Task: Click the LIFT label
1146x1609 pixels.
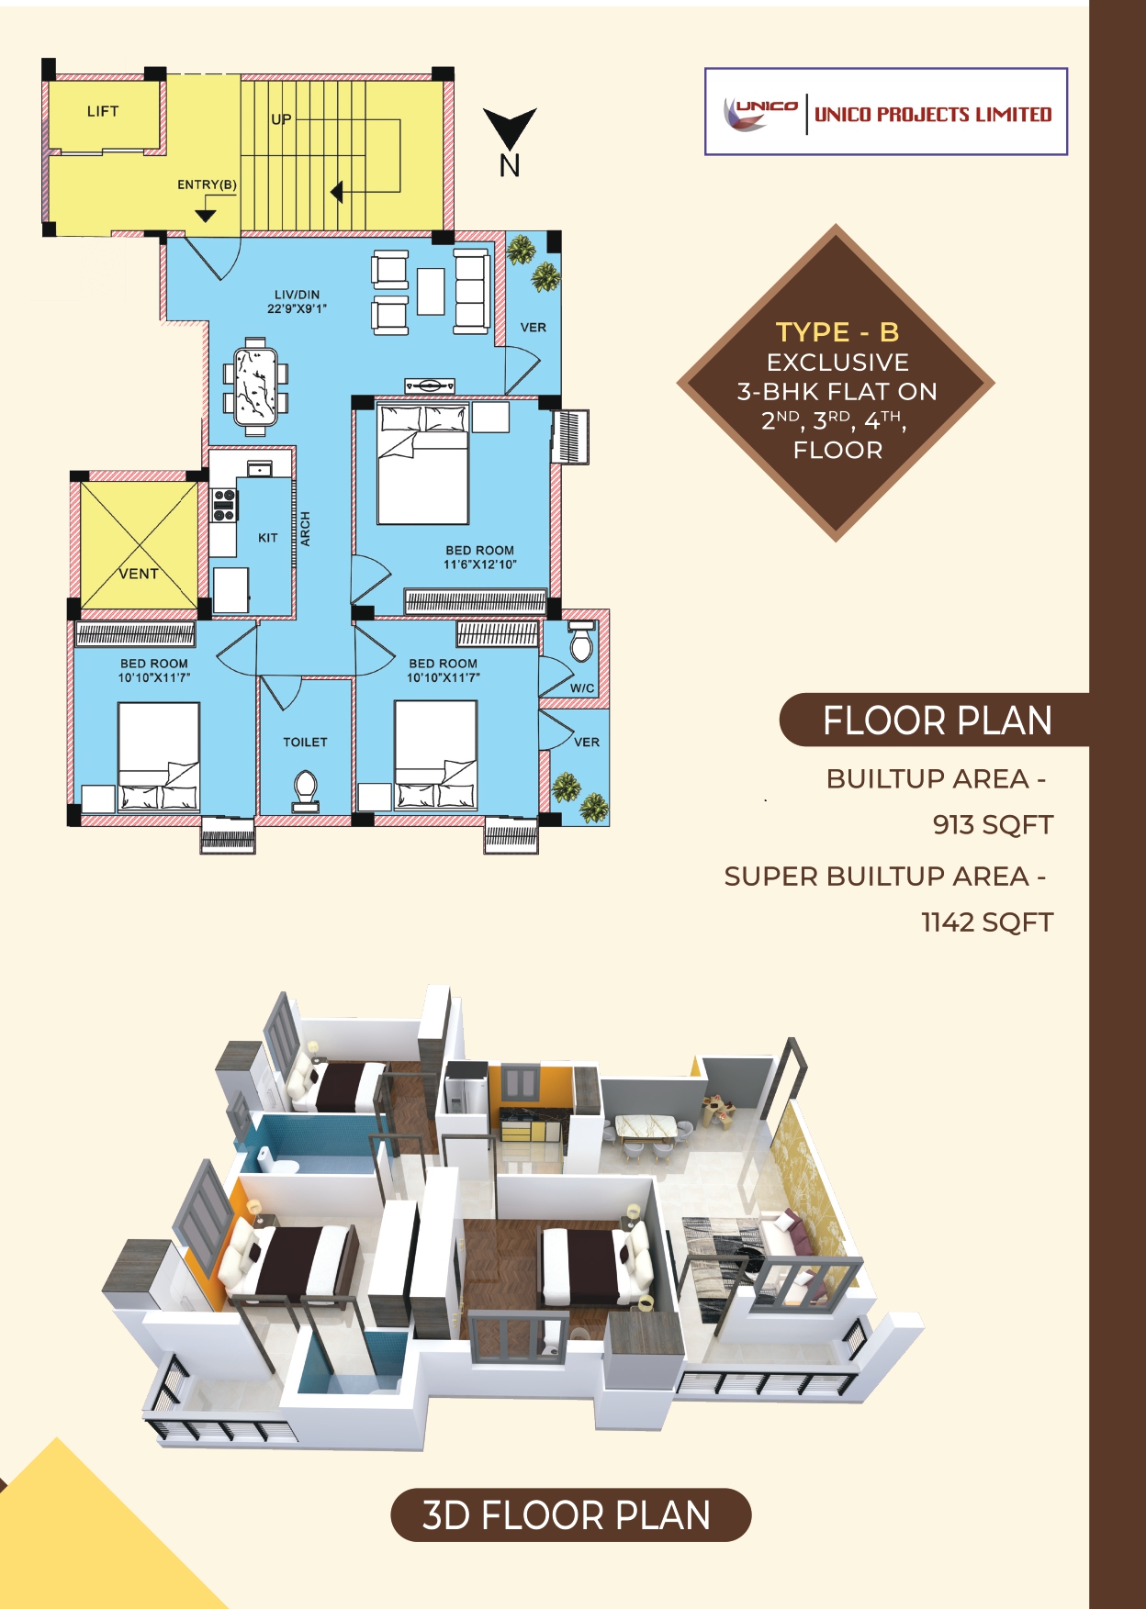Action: pyautogui.click(x=103, y=112)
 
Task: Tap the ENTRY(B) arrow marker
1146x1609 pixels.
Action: pyautogui.click(x=206, y=216)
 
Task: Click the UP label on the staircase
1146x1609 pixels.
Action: pyautogui.click(x=281, y=119)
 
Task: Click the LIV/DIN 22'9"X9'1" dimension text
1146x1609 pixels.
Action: pyautogui.click(x=297, y=303)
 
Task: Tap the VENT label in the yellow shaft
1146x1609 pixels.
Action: pyautogui.click(x=139, y=574)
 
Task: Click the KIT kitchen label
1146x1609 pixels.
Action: pyautogui.click(x=267, y=538)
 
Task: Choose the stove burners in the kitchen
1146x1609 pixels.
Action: pyautogui.click(x=224, y=506)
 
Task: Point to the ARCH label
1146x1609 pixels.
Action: pyautogui.click(x=306, y=530)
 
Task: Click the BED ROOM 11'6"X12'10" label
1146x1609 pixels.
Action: pyautogui.click(x=479, y=557)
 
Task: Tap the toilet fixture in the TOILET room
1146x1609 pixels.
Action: pyautogui.click(x=305, y=790)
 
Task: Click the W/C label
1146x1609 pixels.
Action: pyautogui.click(x=582, y=688)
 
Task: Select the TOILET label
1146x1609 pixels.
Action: pyautogui.click(x=305, y=742)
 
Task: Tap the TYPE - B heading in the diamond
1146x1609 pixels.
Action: pyautogui.click(x=837, y=331)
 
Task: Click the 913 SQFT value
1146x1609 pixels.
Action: pyautogui.click(x=992, y=824)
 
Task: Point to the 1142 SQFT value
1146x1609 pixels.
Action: pyautogui.click(x=986, y=922)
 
